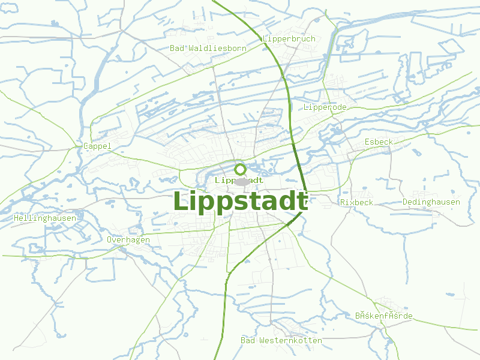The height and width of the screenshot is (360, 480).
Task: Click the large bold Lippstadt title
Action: point(241,202)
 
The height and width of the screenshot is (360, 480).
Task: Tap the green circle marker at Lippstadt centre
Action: point(240,169)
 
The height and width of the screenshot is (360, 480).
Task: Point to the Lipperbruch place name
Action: point(289,39)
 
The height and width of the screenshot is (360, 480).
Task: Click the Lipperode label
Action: point(325,107)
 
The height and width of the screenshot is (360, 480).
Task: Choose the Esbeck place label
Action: point(379,142)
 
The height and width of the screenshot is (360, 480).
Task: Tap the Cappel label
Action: point(97,146)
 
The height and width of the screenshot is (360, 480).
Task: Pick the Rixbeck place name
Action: point(356,202)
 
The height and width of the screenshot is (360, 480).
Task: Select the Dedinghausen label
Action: point(431,202)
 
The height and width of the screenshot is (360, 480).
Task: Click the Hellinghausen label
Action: point(45,218)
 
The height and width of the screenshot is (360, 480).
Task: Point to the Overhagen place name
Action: point(128,239)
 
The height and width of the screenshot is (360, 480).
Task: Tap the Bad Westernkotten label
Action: point(281,340)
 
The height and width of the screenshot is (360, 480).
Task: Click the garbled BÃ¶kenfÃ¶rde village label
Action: point(383,316)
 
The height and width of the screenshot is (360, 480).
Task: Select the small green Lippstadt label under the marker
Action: point(239,180)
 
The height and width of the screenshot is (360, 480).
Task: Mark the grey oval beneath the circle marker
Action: point(241,182)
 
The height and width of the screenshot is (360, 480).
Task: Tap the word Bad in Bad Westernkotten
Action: point(248,340)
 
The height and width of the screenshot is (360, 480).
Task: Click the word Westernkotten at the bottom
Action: point(290,340)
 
